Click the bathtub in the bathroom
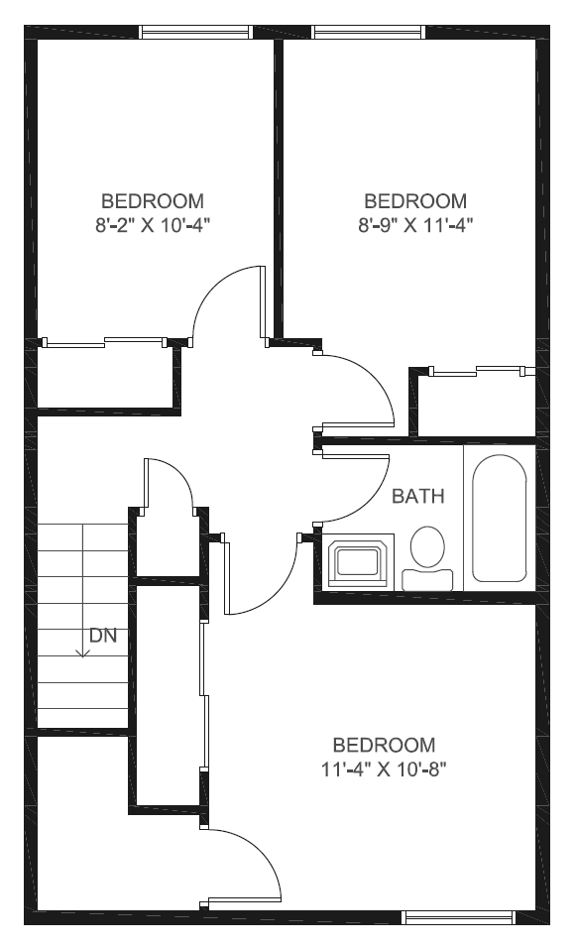coord(500,518)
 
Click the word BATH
coord(417,496)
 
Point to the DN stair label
coord(103,636)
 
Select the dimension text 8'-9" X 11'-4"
coord(415,225)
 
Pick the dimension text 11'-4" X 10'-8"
coord(384,769)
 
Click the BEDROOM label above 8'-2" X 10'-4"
coord(153,201)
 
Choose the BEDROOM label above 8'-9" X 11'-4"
coord(415,201)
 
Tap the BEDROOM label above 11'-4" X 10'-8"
coord(384,745)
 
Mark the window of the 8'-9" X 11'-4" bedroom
coord(369,32)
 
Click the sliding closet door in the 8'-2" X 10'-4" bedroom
coord(104,343)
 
